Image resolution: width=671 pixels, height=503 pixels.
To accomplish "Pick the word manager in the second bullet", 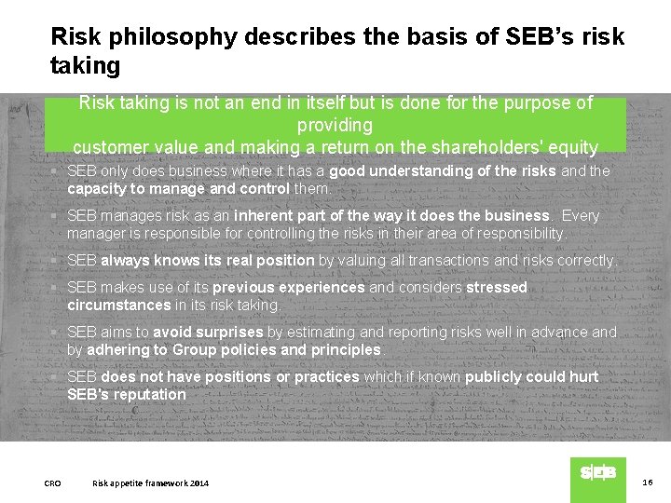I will pyautogui.click(x=96, y=233).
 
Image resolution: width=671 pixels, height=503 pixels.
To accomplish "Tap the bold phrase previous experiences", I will pyautogui.click(x=289, y=287).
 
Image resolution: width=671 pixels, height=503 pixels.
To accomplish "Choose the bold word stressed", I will pyautogui.click(x=497, y=287).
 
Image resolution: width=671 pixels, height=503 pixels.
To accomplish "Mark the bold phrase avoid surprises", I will pyautogui.click(x=208, y=332).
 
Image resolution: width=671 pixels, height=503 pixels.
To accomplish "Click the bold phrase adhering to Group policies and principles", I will pyautogui.click(x=234, y=349).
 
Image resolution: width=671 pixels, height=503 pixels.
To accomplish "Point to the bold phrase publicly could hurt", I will pyautogui.click(x=532, y=376).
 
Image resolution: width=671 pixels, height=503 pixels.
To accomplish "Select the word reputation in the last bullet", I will pyautogui.click(x=150, y=394).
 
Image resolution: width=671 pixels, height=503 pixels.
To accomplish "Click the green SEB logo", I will pyautogui.click(x=597, y=473).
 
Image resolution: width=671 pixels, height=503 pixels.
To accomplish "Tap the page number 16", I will pyautogui.click(x=648, y=482).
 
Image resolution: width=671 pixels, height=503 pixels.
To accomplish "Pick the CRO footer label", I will pyautogui.click(x=53, y=483).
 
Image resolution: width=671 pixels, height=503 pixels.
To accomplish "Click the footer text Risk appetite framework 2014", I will pyautogui.click(x=151, y=483).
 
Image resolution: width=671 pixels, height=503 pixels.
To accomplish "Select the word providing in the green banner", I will pyautogui.click(x=335, y=125).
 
